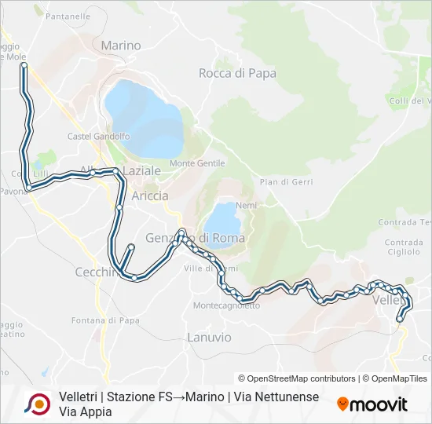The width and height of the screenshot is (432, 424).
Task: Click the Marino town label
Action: (x=121, y=46)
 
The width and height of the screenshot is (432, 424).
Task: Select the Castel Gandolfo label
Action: (x=99, y=136)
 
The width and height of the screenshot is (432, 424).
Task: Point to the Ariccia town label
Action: (x=150, y=196)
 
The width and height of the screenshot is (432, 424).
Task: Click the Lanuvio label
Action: (x=210, y=337)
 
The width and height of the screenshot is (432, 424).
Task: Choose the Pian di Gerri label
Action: (x=287, y=181)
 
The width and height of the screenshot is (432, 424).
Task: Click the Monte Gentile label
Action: (x=197, y=163)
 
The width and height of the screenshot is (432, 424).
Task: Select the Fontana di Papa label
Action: (x=105, y=320)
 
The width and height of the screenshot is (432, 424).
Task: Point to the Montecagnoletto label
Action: (x=226, y=305)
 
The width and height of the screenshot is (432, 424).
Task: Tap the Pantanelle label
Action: (x=68, y=16)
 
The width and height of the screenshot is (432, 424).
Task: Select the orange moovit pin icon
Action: (x=342, y=404)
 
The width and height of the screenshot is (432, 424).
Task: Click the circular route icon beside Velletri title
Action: (x=38, y=404)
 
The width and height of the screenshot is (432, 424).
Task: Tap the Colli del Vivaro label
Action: (x=412, y=101)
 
